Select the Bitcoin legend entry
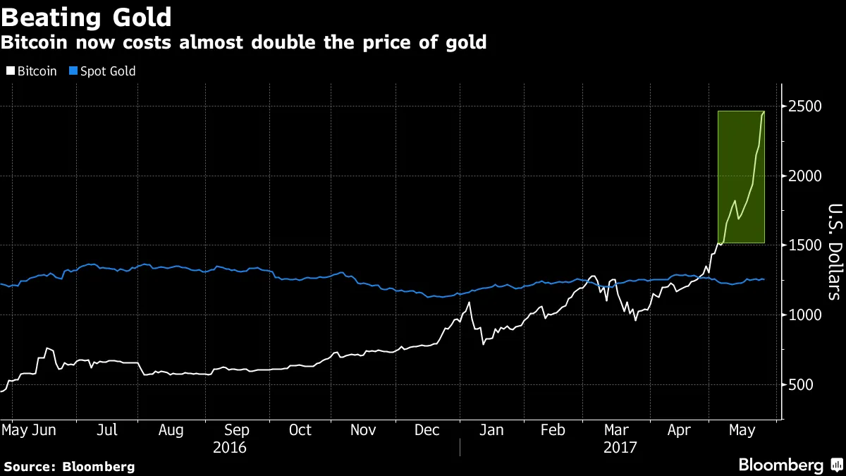coord(31,71)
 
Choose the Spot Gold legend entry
coord(103,71)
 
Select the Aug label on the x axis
coord(172,430)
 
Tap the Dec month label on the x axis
coord(427,430)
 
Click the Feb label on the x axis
coord(553,430)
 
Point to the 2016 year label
coord(230,448)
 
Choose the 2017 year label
coord(621,448)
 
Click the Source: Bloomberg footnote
coord(69,466)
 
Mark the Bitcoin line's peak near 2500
coord(764,111)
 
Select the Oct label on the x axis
coord(300,430)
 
